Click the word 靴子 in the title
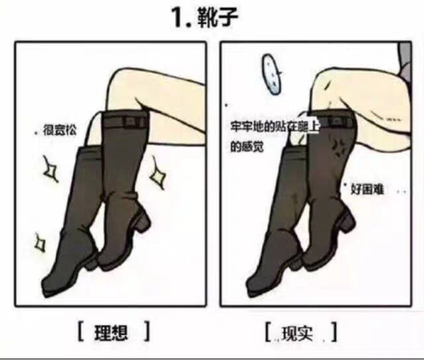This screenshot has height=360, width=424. pyautogui.click(x=218, y=17)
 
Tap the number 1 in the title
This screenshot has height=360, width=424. pyautogui.click(x=180, y=18)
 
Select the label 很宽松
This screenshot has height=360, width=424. pyautogui.click(x=60, y=130)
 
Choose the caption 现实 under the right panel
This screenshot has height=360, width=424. pyautogui.click(x=297, y=334)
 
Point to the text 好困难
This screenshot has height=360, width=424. pyautogui.click(x=367, y=189)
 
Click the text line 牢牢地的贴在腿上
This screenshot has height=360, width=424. pyautogui.click(x=275, y=126)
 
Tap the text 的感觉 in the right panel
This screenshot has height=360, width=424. pyautogui.click(x=246, y=147)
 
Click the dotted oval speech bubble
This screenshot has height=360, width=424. pyautogui.click(x=272, y=74)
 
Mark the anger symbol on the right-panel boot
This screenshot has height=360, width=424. pyautogui.click(x=338, y=148)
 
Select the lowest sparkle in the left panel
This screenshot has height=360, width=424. pyautogui.click(x=40, y=243)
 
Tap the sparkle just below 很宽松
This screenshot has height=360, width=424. pyautogui.click(x=50, y=169)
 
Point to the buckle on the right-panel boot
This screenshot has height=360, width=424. pyautogui.click(x=336, y=122)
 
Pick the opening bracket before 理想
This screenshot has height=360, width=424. pyautogui.click(x=80, y=331)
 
